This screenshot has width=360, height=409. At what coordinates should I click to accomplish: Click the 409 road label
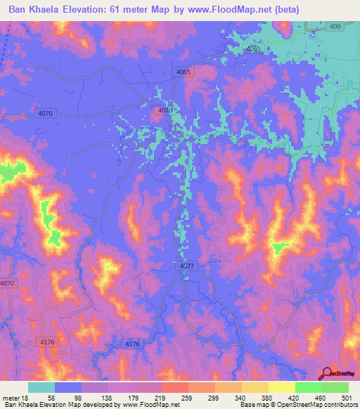(x=335, y=26)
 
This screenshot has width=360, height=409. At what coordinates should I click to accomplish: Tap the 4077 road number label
(x=186, y=266)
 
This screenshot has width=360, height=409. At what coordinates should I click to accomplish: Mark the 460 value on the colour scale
(x=327, y=397)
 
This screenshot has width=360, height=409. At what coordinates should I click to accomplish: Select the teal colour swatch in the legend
(x=41, y=387)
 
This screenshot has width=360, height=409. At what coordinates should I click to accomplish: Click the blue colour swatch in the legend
(x=68, y=387)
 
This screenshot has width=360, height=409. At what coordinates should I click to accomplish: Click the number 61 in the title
(x=139, y=10)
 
